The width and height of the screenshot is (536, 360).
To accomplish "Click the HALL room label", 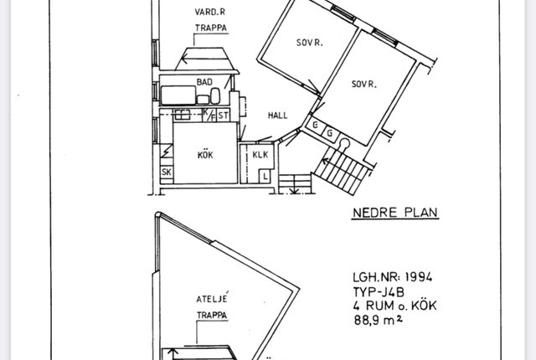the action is (x=277, y=116).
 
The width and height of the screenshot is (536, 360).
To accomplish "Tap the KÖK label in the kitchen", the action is (x=205, y=154).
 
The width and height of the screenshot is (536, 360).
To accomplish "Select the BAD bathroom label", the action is (x=204, y=82).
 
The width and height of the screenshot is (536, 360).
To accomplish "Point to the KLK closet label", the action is (x=260, y=155).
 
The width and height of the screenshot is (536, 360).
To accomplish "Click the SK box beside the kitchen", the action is (x=167, y=172).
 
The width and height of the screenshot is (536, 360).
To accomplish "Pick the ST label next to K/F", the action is (x=224, y=116).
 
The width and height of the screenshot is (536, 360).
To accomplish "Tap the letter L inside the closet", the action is (x=265, y=177).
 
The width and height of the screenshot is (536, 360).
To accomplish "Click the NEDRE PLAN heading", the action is (x=394, y=213).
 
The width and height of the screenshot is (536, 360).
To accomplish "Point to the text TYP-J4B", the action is (x=379, y=292).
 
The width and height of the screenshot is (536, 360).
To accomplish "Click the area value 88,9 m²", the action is (x=378, y=320).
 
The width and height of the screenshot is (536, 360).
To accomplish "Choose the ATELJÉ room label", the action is (x=212, y=298).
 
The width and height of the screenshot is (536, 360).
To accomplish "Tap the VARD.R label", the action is (x=210, y=12).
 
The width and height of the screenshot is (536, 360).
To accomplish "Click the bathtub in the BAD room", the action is (x=178, y=95).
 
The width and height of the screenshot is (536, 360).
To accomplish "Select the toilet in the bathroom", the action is (x=215, y=96).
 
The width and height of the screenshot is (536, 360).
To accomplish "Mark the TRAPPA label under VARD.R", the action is (x=211, y=28).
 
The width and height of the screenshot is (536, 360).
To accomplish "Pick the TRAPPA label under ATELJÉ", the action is (x=212, y=315).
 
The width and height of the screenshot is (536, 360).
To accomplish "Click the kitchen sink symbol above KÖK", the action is (x=182, y=115).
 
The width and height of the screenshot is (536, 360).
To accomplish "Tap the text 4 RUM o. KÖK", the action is (x=394, y=306).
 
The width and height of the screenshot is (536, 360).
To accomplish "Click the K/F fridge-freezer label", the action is (x=209, y=115).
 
